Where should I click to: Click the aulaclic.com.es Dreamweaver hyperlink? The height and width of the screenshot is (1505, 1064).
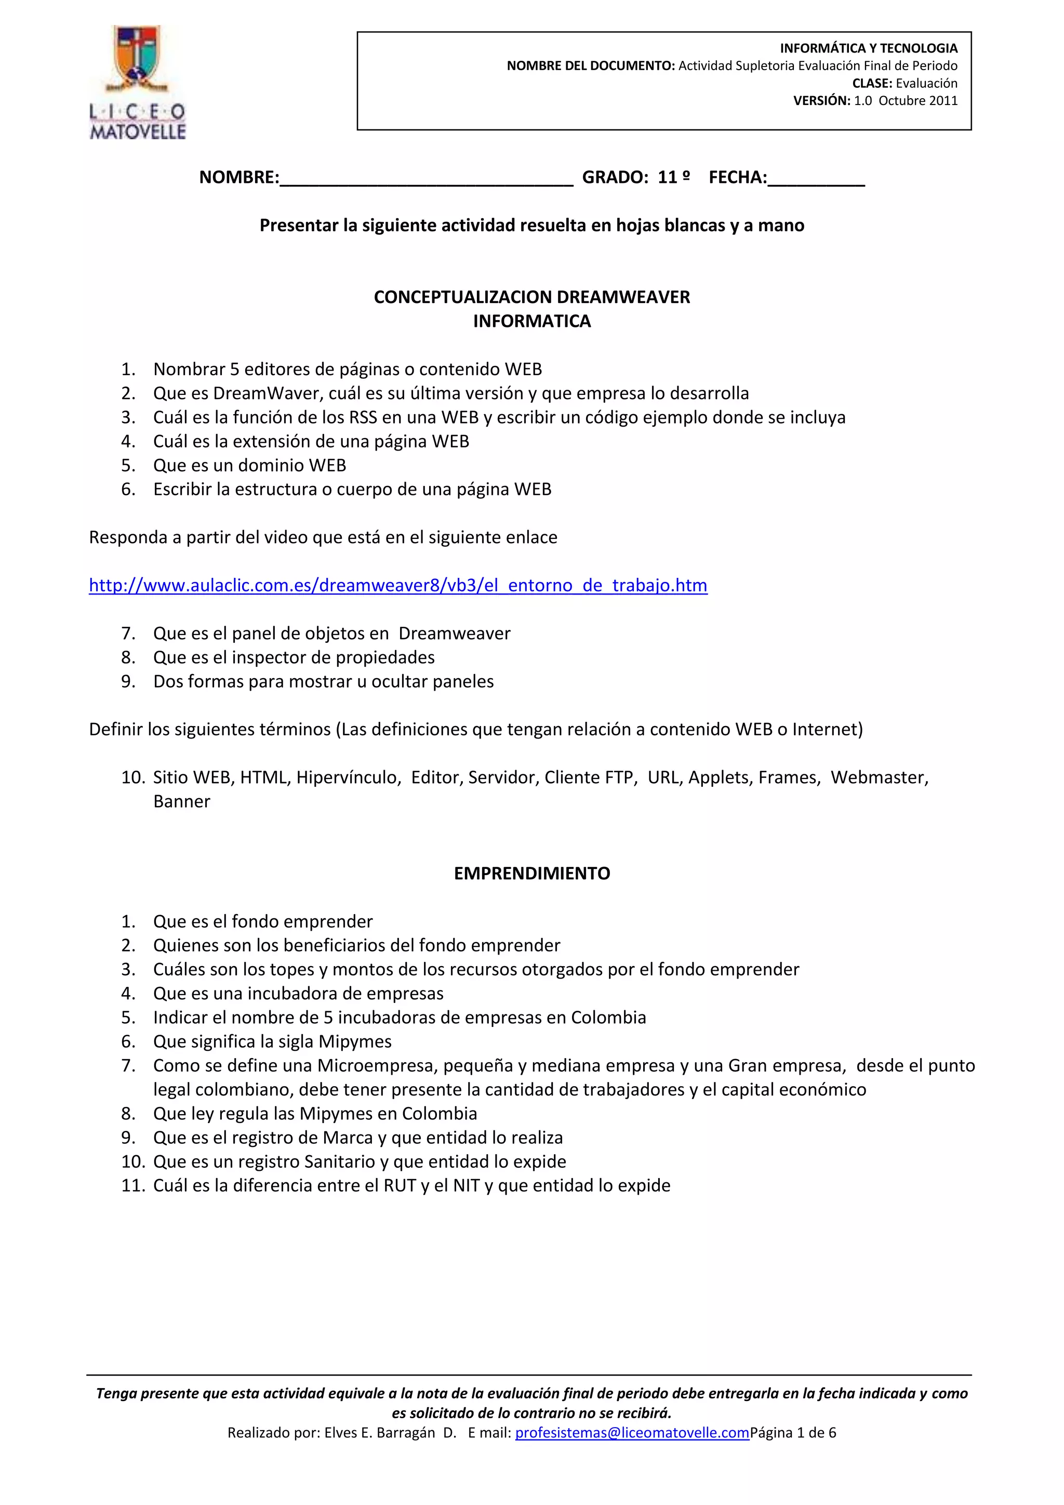click(397, 585)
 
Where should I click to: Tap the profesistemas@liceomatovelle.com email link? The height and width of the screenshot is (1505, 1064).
click(632, 1432)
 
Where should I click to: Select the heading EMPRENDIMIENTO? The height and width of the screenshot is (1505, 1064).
click(531, 873)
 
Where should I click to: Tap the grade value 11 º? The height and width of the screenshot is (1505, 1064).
click(673, 177)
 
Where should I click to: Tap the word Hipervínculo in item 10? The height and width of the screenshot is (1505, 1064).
click(347, 777)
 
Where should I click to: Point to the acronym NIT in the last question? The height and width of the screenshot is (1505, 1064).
click(466, 1186)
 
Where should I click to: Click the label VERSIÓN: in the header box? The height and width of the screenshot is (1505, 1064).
click(821, 100)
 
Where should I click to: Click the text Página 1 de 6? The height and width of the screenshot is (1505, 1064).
click(793, 1432)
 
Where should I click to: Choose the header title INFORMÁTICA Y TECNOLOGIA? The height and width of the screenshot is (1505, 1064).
click(868, 48)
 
